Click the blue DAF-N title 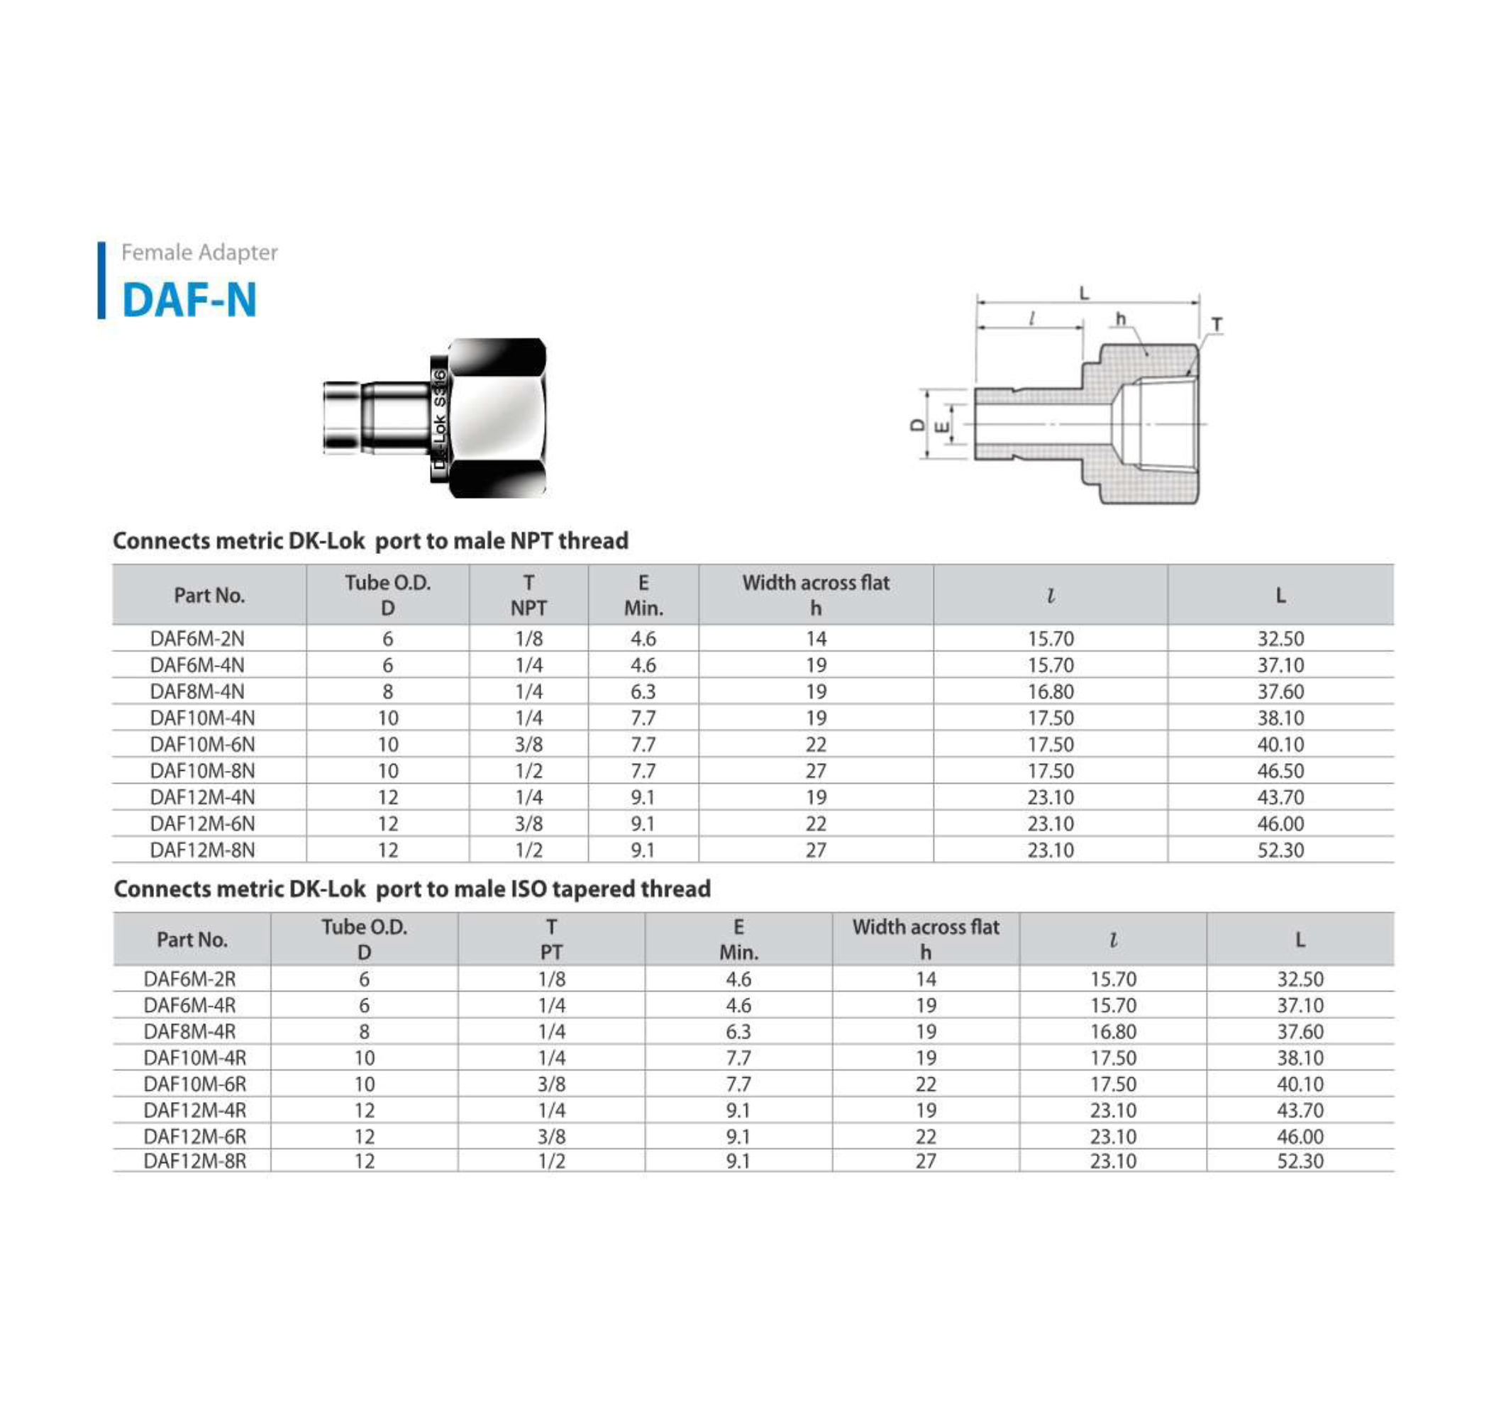click(x=189, y=299)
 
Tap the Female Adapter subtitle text click(x=199, y=252)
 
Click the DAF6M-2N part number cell click(x=197, y=638)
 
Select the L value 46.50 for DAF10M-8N click(x=1280, y=771)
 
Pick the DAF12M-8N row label click(x=202, y=850)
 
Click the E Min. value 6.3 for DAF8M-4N click(x=643, y=691)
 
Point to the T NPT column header click(x=528, y=595)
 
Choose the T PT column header click(x=551, y=939)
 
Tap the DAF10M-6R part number click(x=194, y=1084)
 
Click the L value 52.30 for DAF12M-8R click(x=1300, y=1161)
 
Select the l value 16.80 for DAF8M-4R click(x=1113, y=1031)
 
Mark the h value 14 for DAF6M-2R click(x=926, y=979)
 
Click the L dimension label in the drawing click(x=1084, y=293)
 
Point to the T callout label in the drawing click(x=1217, y=325)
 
